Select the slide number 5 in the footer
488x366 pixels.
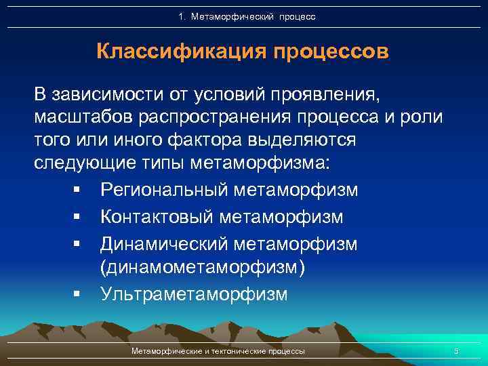pyautogui.click(x=456, y=350)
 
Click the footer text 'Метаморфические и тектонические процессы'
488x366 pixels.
pyautogui.click(x=218, y=350)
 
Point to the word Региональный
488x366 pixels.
pyautogui.click(x=164, y=190)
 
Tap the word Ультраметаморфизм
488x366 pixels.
pyautogui.click(x=194, y=294)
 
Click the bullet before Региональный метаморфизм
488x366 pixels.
pyautogui.click(x=79, y=191)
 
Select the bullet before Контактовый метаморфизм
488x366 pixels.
pyautogui.click(x=79, y=218)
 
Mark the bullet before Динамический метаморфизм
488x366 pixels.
pyautogui.click(x=79, y=243)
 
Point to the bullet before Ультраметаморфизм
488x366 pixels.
pyautogui.click(x=79, y=295)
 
